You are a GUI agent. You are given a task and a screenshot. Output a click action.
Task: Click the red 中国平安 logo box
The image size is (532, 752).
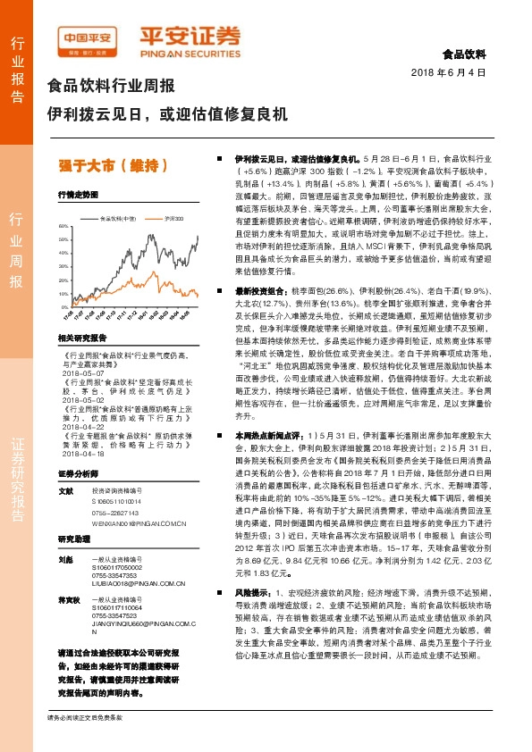click(88, 38)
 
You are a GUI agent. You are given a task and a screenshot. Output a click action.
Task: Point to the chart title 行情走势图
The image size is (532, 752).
click(77, 194)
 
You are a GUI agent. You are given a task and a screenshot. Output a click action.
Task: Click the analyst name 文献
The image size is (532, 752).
click(64, 490)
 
